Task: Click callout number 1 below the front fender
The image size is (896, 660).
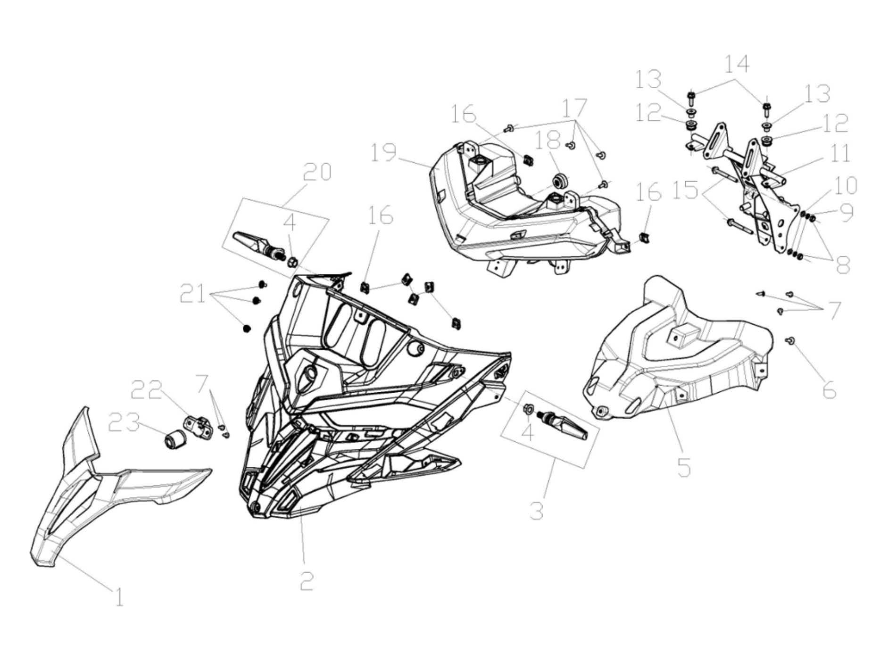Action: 119,598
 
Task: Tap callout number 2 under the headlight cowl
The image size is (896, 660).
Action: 307,581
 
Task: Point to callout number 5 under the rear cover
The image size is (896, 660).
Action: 684,467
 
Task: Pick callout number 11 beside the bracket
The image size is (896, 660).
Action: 840,154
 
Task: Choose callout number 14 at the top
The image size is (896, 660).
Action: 737,64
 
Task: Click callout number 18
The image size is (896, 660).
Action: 547,140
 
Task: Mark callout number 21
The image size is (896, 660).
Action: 193,295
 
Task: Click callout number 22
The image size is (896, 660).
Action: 147,390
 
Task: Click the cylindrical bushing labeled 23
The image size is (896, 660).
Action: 174,441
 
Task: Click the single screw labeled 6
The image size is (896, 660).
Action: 789,340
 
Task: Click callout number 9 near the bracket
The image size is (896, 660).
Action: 846,213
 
